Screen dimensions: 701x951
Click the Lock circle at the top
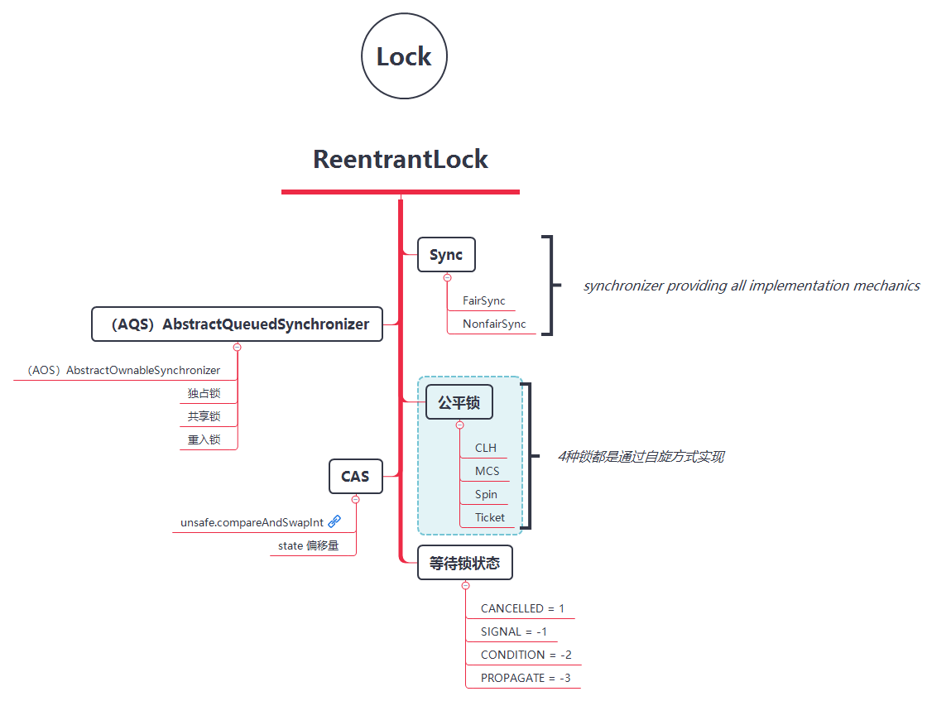[x=404, y=57]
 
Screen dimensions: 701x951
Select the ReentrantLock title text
[x=401, y=159]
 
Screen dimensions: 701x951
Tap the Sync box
[x=446, y=255]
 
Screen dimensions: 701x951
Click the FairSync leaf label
[x=484, y=301]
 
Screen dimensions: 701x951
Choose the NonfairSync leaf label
[x=494, y=324]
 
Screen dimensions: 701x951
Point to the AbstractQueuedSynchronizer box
[x=237, y=324]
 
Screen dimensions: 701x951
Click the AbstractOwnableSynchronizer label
[x=123, y=370]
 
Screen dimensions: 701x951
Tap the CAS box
[x=355, y=476]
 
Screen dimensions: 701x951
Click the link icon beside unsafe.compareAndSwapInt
[x=334, y=521]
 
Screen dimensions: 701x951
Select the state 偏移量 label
[x=309, y=545]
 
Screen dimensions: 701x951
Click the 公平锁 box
[x=459, y=403]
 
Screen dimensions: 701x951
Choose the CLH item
[x=486, y=448]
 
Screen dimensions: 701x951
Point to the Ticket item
[x=489, y=517]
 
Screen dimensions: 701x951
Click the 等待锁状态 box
[x=464, y=563]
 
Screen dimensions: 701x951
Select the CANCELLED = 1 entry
[x=522, y=608]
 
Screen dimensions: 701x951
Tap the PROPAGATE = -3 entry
[x=526, y=678]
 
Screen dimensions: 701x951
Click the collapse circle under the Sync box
[x=448, y=278]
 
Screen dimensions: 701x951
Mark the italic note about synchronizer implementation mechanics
[x=752, y=286]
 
